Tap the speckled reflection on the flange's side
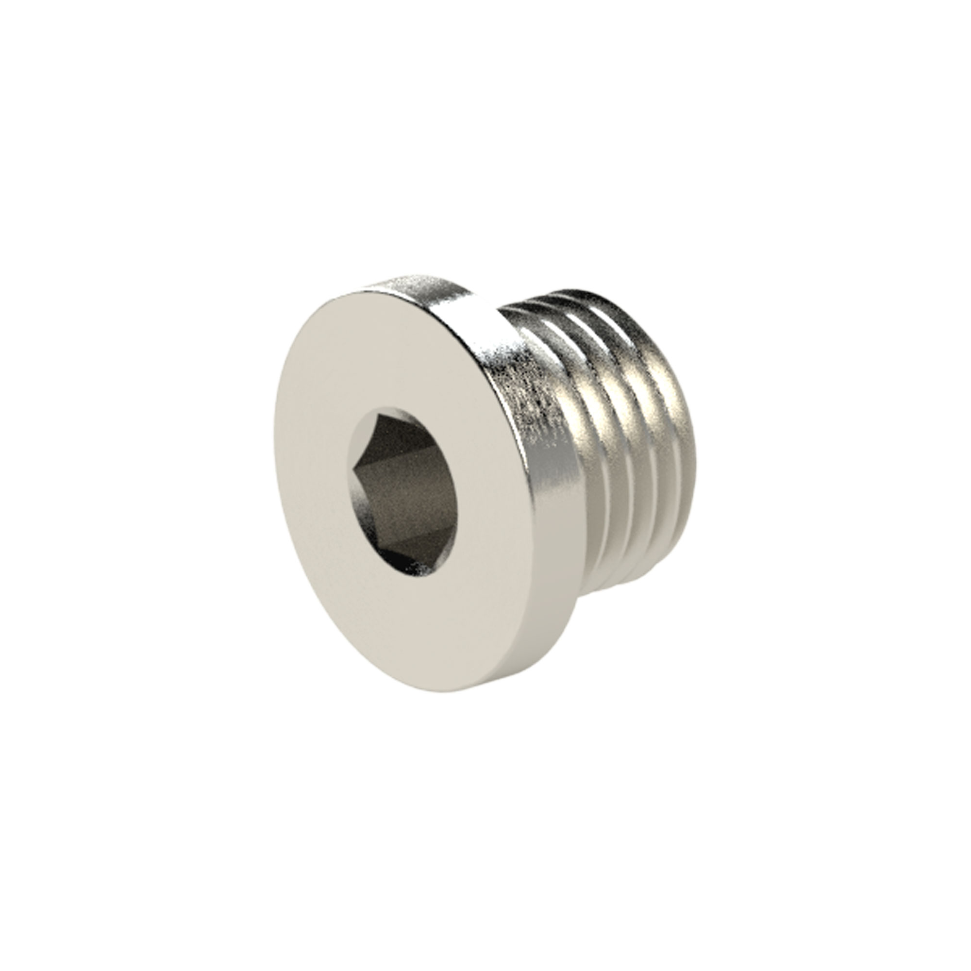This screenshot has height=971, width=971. point(528,392)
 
